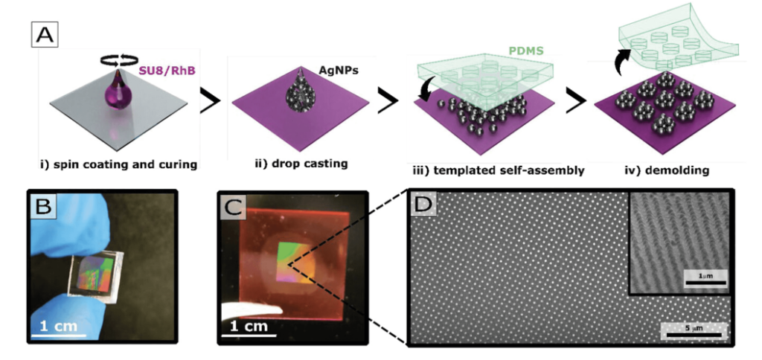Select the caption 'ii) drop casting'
pos(307,164)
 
